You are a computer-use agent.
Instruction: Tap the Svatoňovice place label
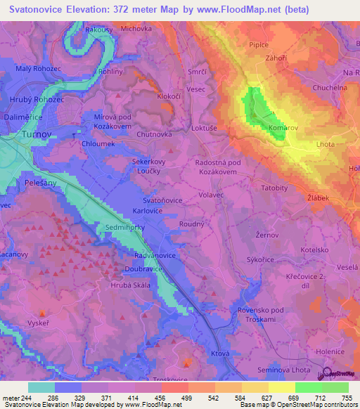[x=163, y=200]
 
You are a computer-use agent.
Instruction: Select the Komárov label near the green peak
[x=283, y=128]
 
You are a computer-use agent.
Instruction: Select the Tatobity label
[x=275, y=188]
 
